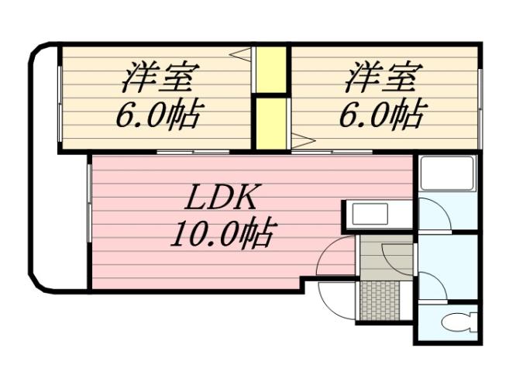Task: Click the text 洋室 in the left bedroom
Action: point(160,78)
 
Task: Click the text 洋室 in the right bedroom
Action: point(383,78)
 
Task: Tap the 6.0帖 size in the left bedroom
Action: point(158,116)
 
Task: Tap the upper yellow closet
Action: point(271,70)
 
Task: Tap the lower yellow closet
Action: point(271,122)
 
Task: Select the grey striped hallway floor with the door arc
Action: point(385,257)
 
